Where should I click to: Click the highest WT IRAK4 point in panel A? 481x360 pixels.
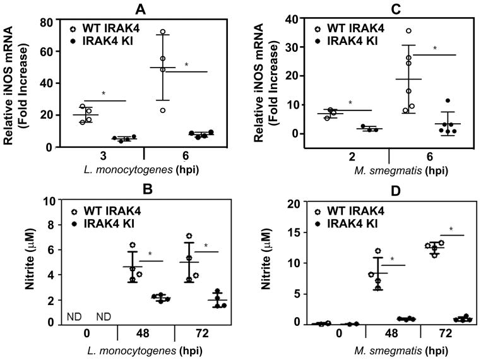pos(162,32)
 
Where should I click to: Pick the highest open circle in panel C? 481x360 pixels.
pos(391,31)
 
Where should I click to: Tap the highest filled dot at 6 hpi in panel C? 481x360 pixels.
pos(430,101)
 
